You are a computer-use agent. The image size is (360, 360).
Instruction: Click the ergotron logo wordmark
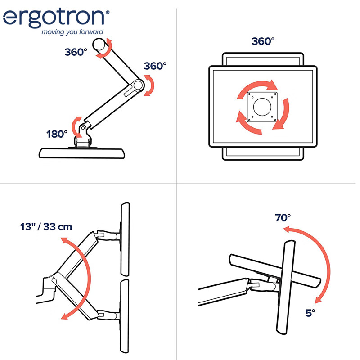[x=54, y=18]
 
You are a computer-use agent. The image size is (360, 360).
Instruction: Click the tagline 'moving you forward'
[x=72, y=32]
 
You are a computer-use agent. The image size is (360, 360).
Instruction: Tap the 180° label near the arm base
[x=57, y=134]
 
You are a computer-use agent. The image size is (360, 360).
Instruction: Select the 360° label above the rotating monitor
[x=263, y=41]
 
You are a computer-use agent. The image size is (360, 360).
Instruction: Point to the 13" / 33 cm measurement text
[x=46, y=227]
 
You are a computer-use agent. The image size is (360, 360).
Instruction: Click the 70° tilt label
[x=283, y=218]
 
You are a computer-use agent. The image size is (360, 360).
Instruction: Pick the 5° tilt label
[x=310, y=313]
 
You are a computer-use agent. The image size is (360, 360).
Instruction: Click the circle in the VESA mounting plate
[x=262, y=107]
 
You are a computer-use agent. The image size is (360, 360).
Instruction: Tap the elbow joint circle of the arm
[x=138, y=85]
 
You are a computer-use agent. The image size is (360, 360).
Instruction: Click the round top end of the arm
[x=99, y=44]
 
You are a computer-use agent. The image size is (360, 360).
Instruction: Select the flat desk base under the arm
[x=82, y=153]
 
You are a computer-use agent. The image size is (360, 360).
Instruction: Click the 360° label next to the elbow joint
[x=155, y=66]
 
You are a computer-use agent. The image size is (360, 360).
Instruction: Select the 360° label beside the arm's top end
[x=76, y=52]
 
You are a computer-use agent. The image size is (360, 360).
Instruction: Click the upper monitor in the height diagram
[x=125, y=239]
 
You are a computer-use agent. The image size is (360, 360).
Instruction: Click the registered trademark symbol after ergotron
[x=107, y=12]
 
